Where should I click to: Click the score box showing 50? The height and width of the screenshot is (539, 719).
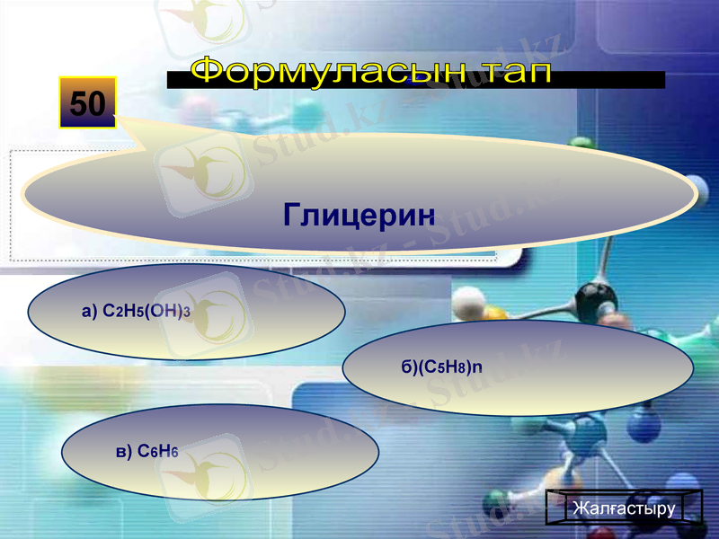(88, 102)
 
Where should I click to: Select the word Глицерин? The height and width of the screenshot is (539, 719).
(359, 214)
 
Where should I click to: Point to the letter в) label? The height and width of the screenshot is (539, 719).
(124, 451)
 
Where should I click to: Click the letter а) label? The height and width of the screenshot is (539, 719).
(90, 312)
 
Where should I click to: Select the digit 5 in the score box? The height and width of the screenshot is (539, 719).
(78, 103)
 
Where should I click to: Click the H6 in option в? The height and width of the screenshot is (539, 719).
(169, 451)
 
